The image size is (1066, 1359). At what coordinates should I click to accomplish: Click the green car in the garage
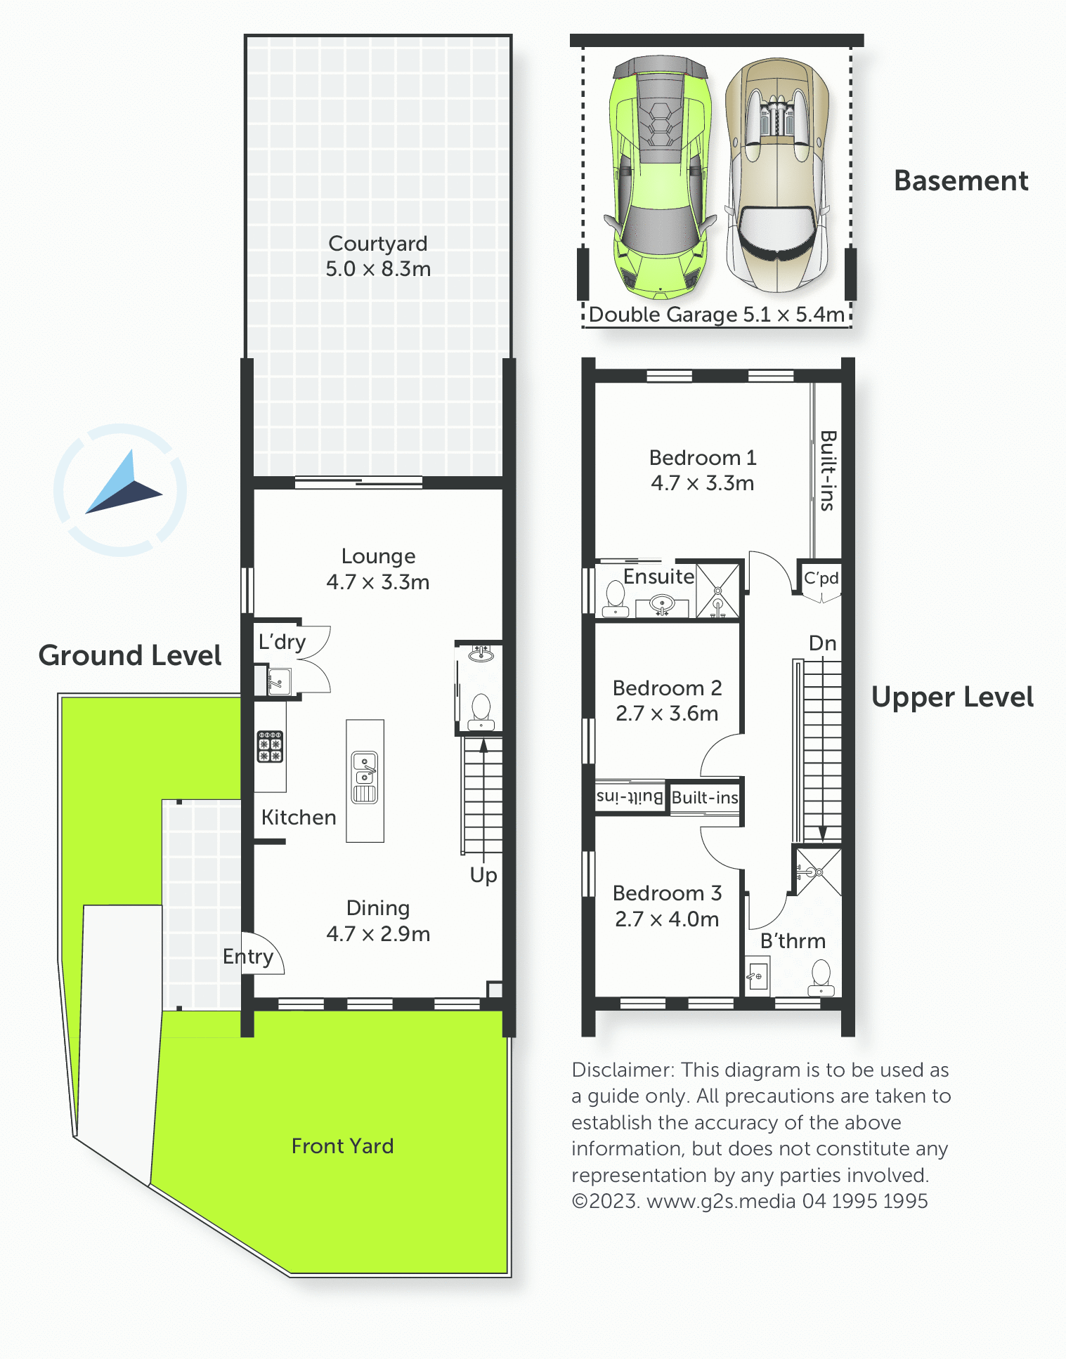[660, 177]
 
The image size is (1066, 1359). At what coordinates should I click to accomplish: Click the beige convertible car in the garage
[777, 176]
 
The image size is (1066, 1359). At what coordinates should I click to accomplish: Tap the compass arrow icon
[124, 485]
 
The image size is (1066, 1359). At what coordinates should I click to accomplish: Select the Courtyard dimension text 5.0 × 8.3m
[378, 269]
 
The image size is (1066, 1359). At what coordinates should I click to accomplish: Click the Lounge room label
[378, 556]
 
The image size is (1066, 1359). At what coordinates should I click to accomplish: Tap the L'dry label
[282, 642]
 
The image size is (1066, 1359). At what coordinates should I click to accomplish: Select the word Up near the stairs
[483, 876]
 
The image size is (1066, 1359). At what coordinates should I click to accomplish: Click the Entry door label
[248, 957]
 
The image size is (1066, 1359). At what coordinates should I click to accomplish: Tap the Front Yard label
[343, 1146]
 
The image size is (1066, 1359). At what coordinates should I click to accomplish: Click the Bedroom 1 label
[703, 458]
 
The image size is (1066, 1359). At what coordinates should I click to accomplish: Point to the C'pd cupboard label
[821, 578]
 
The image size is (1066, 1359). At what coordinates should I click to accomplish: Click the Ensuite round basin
[662, 603]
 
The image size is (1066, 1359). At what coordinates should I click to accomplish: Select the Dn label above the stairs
[823, 643]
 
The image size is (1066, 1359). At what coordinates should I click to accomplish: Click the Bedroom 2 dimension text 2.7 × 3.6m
[667, 714]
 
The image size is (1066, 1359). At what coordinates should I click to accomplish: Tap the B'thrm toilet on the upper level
[821, 978]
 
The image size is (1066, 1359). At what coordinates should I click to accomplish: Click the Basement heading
[961, 181]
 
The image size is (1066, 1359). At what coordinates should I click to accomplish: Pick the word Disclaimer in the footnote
[623, 1070]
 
